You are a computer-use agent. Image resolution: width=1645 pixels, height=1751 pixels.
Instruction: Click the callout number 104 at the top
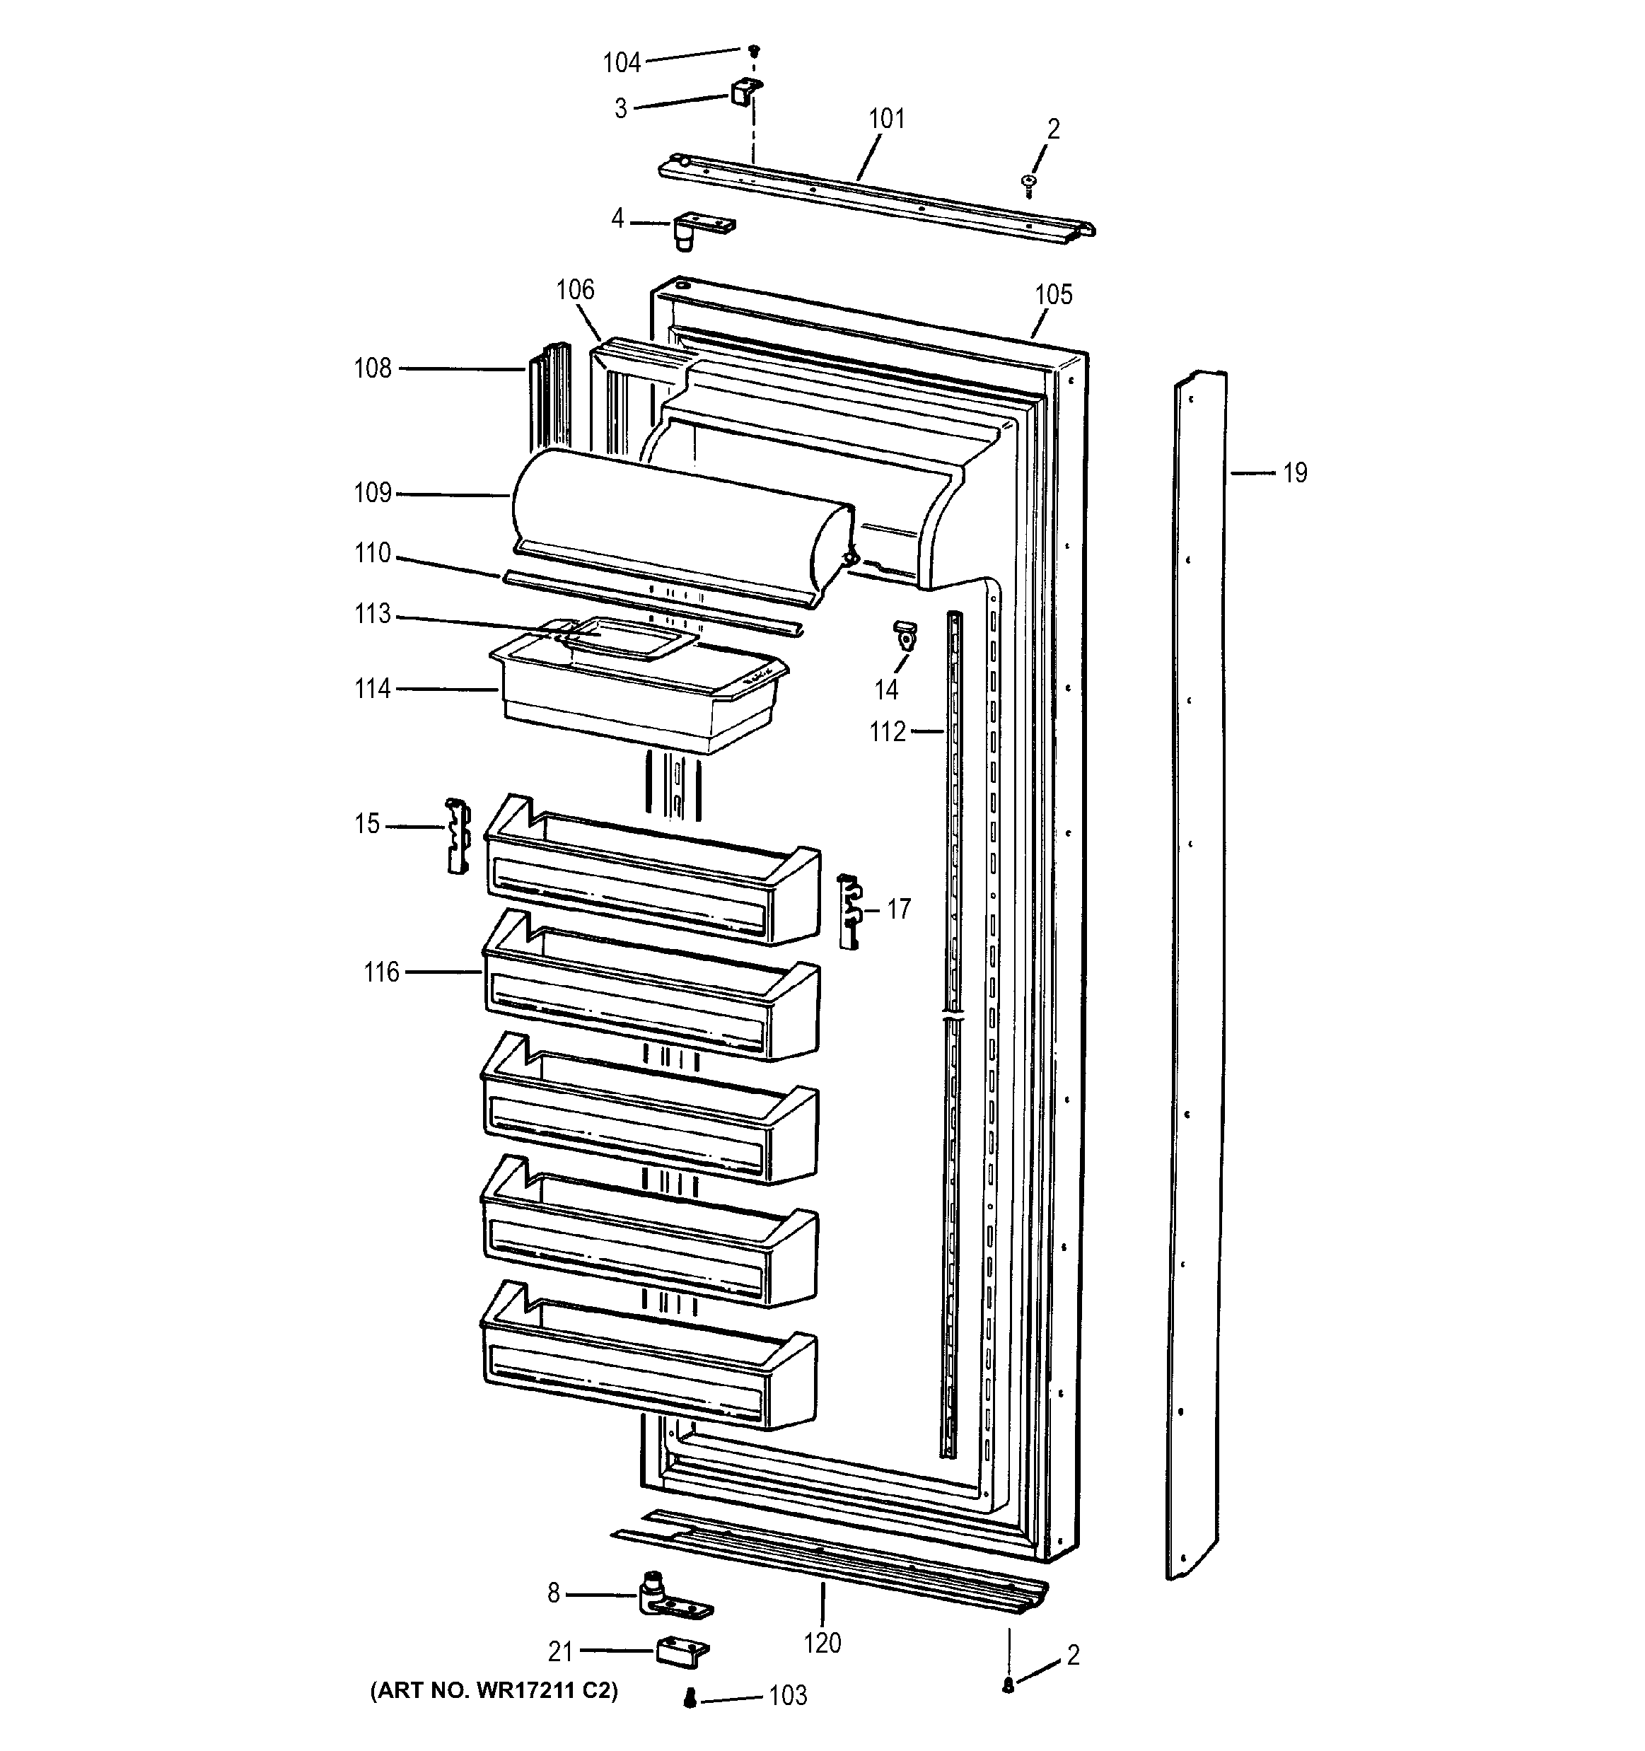tap(621, 62)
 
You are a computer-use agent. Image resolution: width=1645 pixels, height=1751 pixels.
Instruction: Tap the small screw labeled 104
tap(754, 50)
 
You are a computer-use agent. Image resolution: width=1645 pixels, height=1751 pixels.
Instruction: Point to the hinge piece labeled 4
tap(696, 229)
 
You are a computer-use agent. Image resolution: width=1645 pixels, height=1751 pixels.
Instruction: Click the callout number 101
tap(886, 118)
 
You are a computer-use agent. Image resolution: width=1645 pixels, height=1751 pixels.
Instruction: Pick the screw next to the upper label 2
tap(1028, 183)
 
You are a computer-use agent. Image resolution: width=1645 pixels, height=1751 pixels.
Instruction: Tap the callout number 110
tap(373, 553)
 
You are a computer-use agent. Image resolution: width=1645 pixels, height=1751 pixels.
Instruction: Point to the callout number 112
tap(888, 732)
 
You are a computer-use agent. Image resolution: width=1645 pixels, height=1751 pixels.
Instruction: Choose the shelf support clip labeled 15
tap(457, 835)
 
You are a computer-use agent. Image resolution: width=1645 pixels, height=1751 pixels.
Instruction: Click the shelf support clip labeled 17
tap(849, 911)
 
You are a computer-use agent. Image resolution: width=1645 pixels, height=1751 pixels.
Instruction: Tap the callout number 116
tap(381, 972)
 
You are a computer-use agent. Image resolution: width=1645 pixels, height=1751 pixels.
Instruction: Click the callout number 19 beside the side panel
tap(1294, 474)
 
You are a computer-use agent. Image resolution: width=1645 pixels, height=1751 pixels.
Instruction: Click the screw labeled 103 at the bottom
tap(690, 1697)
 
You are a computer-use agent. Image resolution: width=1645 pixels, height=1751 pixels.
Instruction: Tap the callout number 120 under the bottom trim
tap(822, 1643)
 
